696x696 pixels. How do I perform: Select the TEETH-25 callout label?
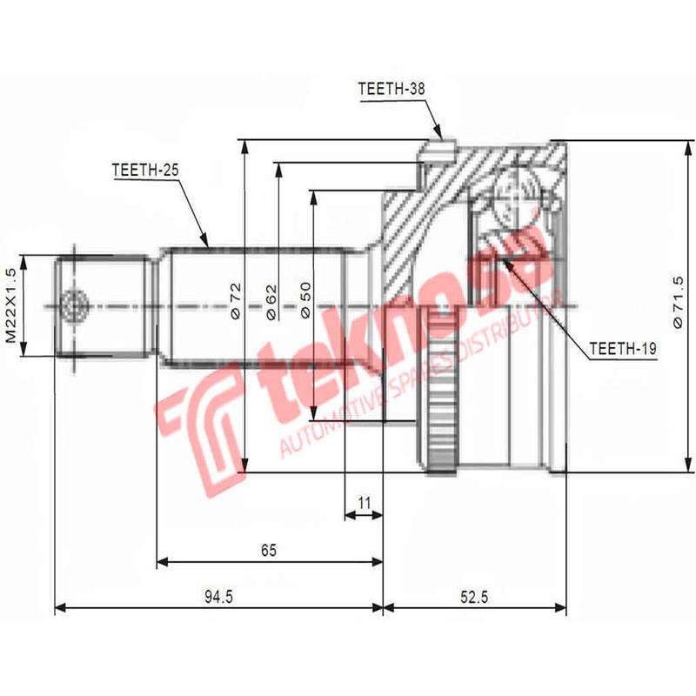click(144, 171)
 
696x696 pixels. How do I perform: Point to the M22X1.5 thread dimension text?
click(11, 306)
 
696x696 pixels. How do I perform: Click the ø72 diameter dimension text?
click(234, 299)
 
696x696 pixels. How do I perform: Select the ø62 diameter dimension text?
click(269, 299)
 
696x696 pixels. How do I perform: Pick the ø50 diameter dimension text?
click(304, 299)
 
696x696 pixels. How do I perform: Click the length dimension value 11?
click(364, 502)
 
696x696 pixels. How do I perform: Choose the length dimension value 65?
click(269, 550)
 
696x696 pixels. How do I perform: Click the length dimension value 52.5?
click(475, 597)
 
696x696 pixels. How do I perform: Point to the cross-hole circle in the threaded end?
click(71, 305)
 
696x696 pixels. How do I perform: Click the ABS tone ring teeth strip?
click(442, 391)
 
